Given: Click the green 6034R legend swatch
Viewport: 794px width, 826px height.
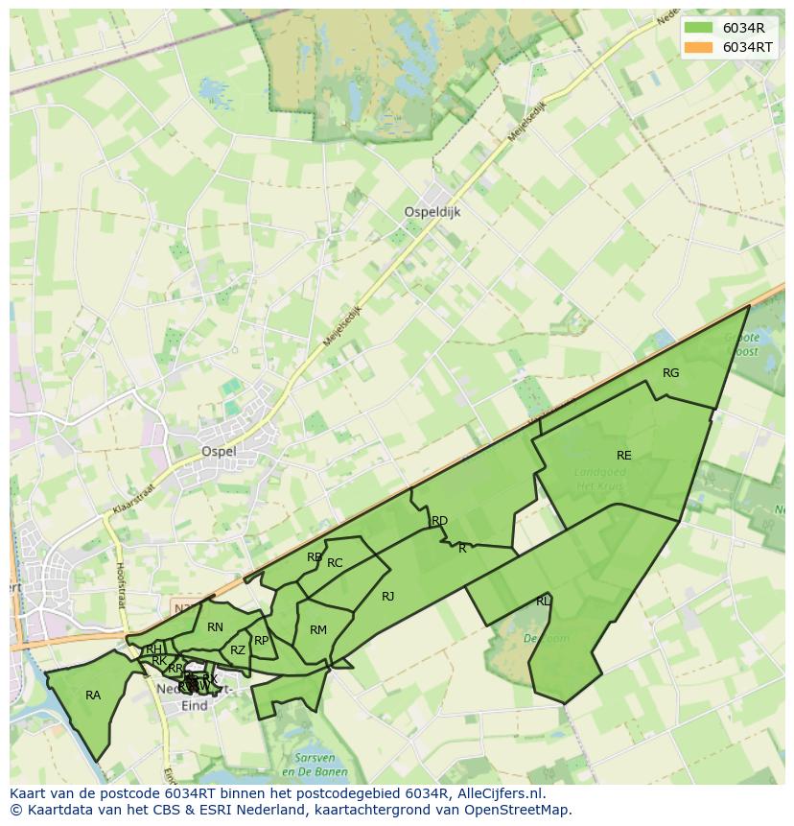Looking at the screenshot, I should [698, 28].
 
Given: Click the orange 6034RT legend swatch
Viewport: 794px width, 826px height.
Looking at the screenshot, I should [698, 47].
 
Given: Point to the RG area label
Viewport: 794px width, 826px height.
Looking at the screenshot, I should [670, 373].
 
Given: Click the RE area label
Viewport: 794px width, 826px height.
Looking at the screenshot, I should [624, 456].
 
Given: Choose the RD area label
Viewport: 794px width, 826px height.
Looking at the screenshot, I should [439, 521].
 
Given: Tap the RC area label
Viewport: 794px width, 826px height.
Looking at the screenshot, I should [335, 563].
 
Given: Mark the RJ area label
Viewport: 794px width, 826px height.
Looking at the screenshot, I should [387, 597].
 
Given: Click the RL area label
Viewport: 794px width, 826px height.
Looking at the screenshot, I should [544, 602].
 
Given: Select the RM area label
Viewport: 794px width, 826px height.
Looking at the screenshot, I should [318, 630].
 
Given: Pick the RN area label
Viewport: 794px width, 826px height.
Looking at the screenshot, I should [215, 627].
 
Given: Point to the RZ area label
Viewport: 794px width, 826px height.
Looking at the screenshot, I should [238, 650].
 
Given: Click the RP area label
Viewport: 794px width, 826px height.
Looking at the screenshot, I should [261, 641].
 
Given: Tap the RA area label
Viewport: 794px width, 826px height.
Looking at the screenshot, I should [93, 696].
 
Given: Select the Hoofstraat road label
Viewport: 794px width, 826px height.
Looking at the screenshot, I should [121, 585].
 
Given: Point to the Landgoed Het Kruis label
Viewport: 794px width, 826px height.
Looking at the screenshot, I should [599, 480].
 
